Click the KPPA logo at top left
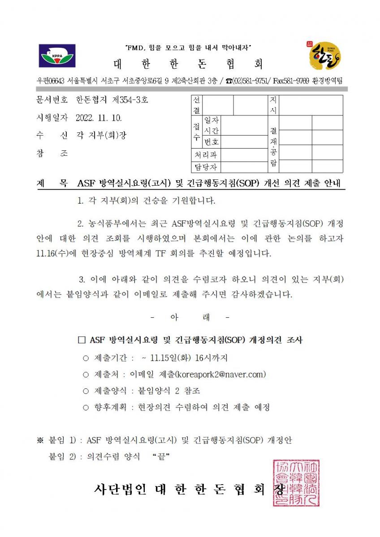tap(57, 56)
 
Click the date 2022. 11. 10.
tap(99, 118)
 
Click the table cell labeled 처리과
tap(205, 155)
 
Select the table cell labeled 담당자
tap(205, 167)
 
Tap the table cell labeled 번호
tap(212, 142)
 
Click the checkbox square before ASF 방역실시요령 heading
tap(82, 340)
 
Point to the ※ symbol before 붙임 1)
tap(40, 441)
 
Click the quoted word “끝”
tap(161, 456)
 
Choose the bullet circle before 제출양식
tap(86, 391)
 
